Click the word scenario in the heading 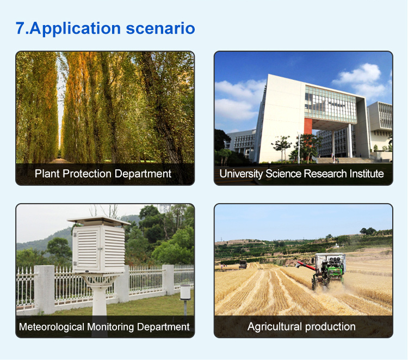coord(160,28)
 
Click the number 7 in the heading coord(20,28)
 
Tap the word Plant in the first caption coord(47,174)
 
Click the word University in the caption coord(240,174)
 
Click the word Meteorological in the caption coord(52,327)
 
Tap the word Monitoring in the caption coord(110,327)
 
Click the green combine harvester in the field coord(329,270)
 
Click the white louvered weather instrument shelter coord(99,249)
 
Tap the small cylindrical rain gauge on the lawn coord(186,292)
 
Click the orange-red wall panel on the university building coord(308,126)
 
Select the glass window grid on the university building coord(330,105)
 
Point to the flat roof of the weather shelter coord(99,221)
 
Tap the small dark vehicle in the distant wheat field coord(243,264)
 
